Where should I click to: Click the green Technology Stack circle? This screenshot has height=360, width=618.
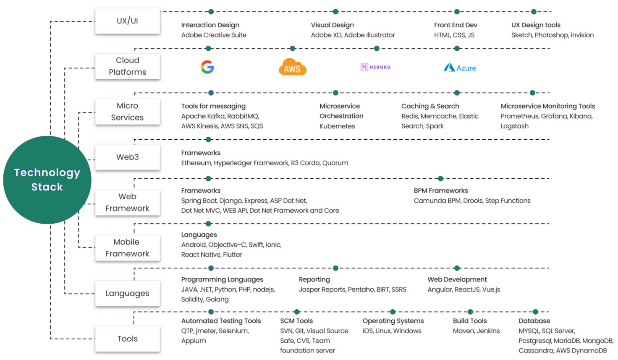(x=47, y=180)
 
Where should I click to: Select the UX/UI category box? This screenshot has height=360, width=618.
(x=127, y=21)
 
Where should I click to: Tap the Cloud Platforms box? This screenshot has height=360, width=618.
(x=127, y=66)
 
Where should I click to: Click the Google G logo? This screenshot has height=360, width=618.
(x=207, y=67)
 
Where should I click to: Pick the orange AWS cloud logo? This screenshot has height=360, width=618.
(x=293, y=68)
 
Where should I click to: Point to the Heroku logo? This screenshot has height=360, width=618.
(x=375, y=67)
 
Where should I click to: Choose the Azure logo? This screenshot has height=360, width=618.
(x=460, y=68)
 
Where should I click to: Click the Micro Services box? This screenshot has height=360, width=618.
(x=127, y=112)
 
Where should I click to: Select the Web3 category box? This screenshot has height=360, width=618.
(x=127, y=157)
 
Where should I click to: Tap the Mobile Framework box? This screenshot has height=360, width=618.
(x=127, y=248)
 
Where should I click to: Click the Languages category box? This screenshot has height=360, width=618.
(x=127, y=293)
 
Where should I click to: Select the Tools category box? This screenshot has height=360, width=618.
(x=127, y=339)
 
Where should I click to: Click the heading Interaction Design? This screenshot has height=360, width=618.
(x=210, y=25)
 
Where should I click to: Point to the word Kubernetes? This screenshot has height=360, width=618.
(x=337, y=126)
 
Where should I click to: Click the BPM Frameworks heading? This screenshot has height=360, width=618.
(x=440, y=190)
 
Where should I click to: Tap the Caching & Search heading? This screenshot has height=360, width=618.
(x=430, y=106)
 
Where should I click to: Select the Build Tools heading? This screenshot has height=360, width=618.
(x=469, y=321)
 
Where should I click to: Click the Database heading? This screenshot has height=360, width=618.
(x=534, y=321)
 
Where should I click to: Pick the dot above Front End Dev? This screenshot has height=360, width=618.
(x=457, y=12)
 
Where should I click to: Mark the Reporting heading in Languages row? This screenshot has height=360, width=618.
(x=314, y=279)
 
